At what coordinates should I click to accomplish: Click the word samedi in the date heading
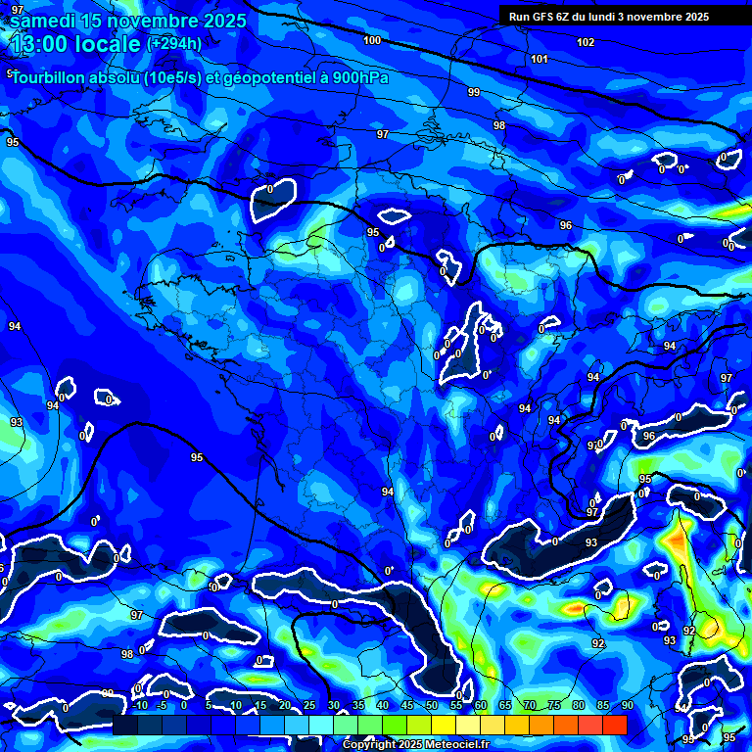pos(45,21)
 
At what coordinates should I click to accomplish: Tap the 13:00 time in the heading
pos(40,44)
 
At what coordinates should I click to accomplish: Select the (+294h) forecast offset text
pos(174,44)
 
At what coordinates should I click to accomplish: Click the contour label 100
pos(372,40)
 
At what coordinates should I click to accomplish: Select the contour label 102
pos(586,42)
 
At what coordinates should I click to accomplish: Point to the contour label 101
pos(540,59)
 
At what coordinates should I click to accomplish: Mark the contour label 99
pos(474,92)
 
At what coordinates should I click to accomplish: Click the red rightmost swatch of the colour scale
pos(614,724)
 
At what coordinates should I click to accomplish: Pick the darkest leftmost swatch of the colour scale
pos(125,724)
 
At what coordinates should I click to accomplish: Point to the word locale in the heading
pos(107,44)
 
